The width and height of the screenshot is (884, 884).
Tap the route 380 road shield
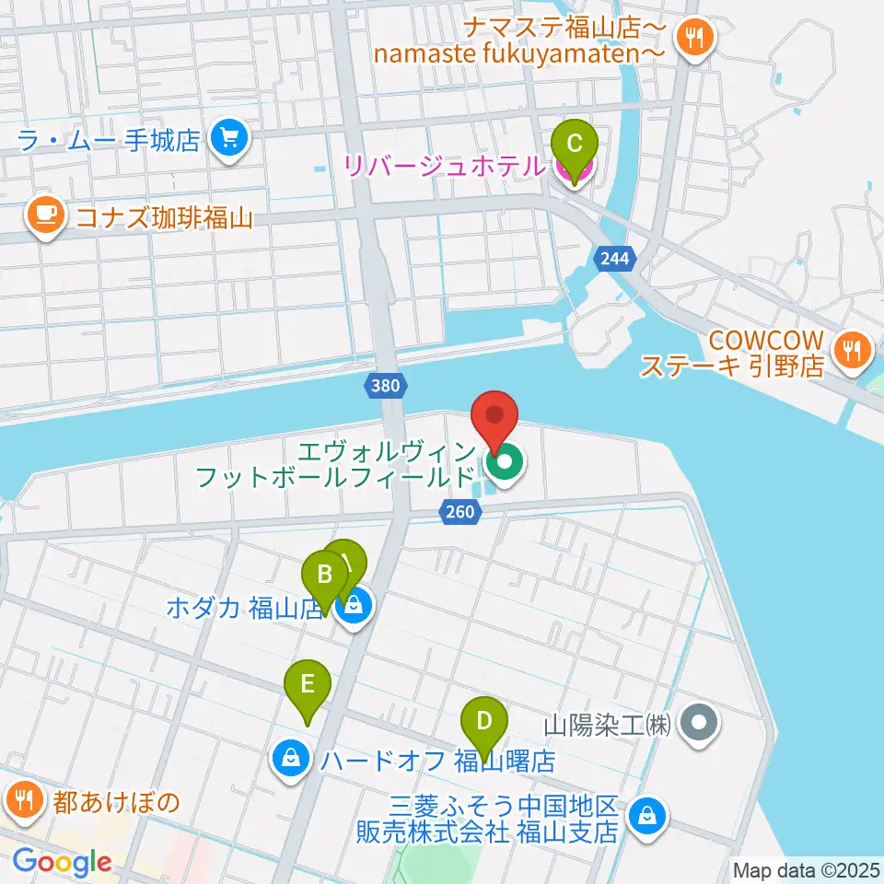(x=385, y=386)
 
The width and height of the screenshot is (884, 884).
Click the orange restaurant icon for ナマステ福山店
(x=692, y=38)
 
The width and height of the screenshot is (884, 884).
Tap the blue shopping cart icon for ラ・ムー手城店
(x=226, y=139)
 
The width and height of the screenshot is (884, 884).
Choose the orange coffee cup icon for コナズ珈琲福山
(x=44, y=215)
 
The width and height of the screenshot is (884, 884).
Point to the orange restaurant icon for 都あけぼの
(x=22, y=798)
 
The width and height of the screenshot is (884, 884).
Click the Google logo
(x=63, y=863)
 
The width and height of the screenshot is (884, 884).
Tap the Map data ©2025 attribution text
(x=806, y=869)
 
